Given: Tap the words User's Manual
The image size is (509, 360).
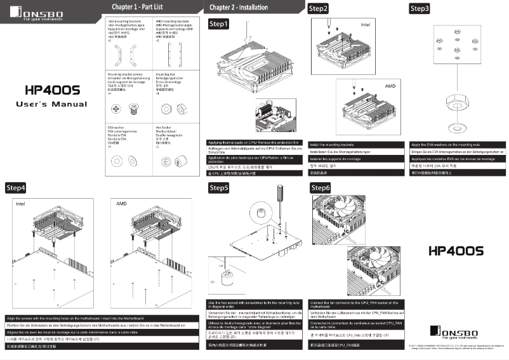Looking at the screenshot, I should point(51,103).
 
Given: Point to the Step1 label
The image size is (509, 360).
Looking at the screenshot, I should point(219,23).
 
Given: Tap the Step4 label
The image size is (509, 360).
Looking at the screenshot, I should point(16,188).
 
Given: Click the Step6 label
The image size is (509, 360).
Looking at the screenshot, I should point(321,188).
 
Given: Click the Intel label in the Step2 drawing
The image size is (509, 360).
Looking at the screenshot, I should point(365,25).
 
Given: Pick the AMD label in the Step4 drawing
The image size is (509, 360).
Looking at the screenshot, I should point(122,205).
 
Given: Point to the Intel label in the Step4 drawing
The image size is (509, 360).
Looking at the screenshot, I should point(20,205).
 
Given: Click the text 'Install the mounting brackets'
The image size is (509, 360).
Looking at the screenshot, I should point(336,145).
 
